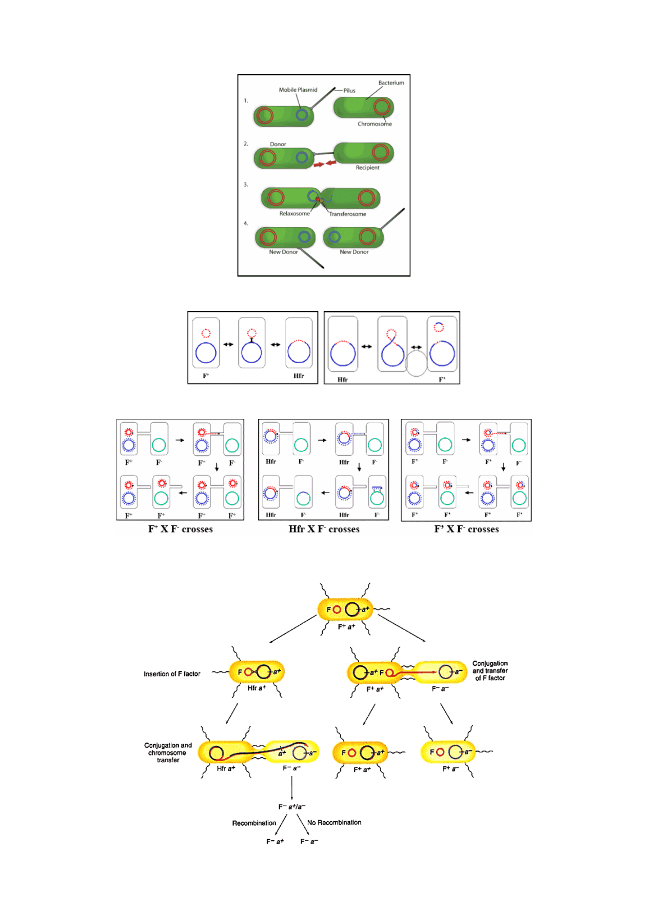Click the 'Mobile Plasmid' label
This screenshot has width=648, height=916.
click(x=298, y=90)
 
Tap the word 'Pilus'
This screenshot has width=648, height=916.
click(x=349, y=91)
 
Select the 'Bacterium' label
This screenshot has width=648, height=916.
click(x=391, y=83)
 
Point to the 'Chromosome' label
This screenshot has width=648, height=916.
click(x=375, y=124)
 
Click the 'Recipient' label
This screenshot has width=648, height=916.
click(x=367, y=168)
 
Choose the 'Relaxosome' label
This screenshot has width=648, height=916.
click(x=294, y=214)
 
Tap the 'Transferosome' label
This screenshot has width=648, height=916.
click(x=347, y=214)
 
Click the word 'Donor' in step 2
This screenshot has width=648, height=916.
click(x=278, y=144)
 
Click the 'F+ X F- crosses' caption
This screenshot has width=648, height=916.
click(x=180, y=529)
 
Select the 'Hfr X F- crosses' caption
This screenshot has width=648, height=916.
click(x=324, y=529)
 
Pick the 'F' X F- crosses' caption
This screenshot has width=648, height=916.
click(x=466, y=529)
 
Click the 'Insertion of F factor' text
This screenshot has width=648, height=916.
click(x=172, y=674)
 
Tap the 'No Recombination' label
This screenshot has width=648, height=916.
click(x=334, y=823)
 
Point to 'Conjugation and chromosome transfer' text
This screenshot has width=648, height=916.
click(x=168, y=752)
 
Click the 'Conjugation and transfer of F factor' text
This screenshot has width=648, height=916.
click(x=490, y=670)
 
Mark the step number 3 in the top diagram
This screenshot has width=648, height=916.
click(x=246, y=185)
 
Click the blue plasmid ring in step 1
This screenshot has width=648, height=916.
click(x=302, y=114)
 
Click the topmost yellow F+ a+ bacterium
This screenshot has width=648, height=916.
click(x=345, y=609)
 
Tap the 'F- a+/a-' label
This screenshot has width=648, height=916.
click(x=291, y=807)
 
